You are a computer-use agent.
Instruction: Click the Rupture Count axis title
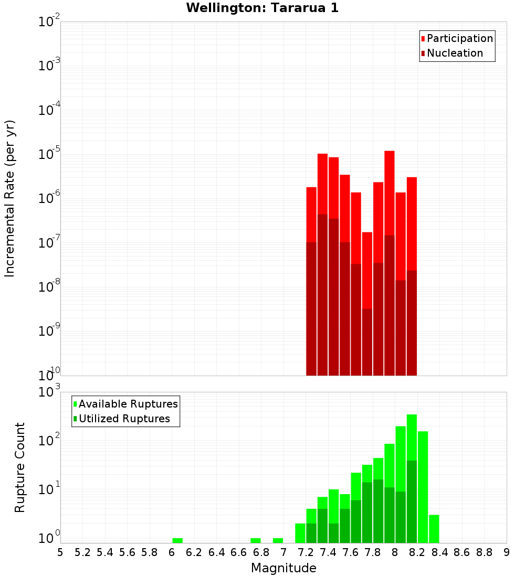pyautogui.click(x=20, y=467)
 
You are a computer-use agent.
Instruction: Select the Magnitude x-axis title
pyautogui.click(x=283, y=568)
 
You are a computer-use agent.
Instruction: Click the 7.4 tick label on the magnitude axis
pyautogui.click(x=328, y=552)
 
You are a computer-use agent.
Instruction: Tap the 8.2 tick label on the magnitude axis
pyautogui.click(x=417, y=552)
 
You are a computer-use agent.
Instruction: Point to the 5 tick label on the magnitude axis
pyautogui.click(x=60, y=552)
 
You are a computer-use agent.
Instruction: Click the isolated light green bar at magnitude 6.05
pyautogui.click(x=177, y=540)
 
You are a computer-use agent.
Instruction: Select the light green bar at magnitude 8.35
pyautogui.click(x=434, y=529)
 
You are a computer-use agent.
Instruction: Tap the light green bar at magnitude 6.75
pyautogui.click(x=256, y=540)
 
